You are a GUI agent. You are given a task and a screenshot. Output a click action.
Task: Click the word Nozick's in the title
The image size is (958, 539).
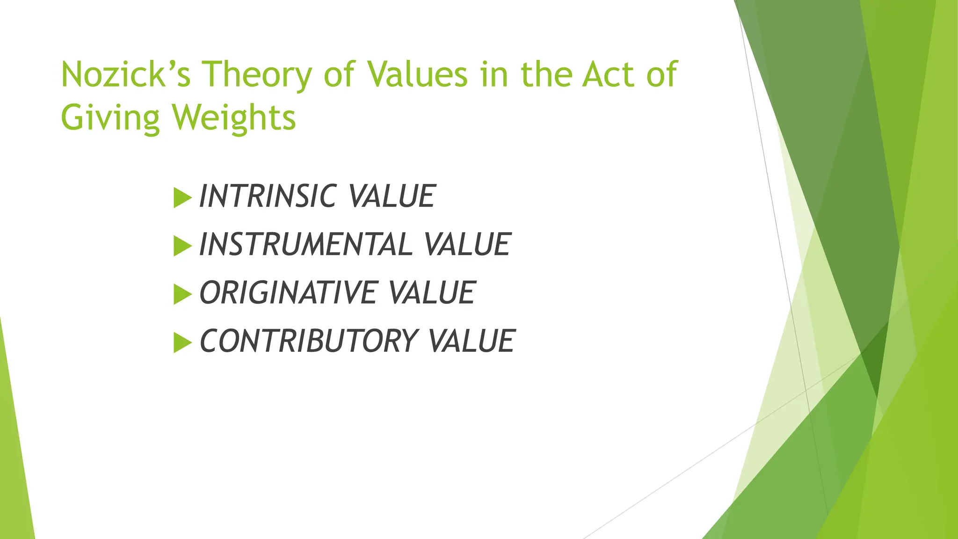point(125,75)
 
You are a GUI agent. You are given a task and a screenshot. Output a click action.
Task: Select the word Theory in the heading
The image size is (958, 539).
point(256,75)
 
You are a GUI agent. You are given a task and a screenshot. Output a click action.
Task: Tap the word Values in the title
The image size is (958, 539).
point(417,75)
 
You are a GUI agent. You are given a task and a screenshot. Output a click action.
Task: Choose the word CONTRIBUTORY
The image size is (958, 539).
point(308,341)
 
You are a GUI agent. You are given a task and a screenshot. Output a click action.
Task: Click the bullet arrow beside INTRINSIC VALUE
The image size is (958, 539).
point(182,197)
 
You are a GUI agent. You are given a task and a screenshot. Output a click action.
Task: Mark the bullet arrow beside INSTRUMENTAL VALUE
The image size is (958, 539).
point(182,246)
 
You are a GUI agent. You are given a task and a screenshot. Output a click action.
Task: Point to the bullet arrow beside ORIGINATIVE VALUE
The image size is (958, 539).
point(182,294)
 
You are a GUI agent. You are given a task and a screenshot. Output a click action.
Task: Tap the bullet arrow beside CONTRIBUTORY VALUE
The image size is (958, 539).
point(182,342)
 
